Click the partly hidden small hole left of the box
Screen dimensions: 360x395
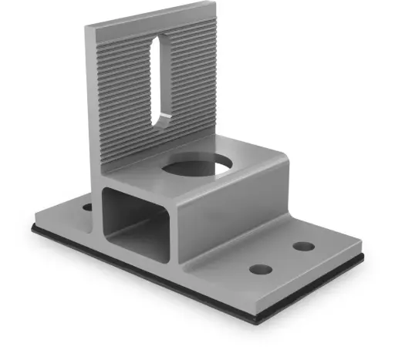pyautogui.click(x=86, y=207)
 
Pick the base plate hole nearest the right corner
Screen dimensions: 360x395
pyautogui.click(x=304, y=247)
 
